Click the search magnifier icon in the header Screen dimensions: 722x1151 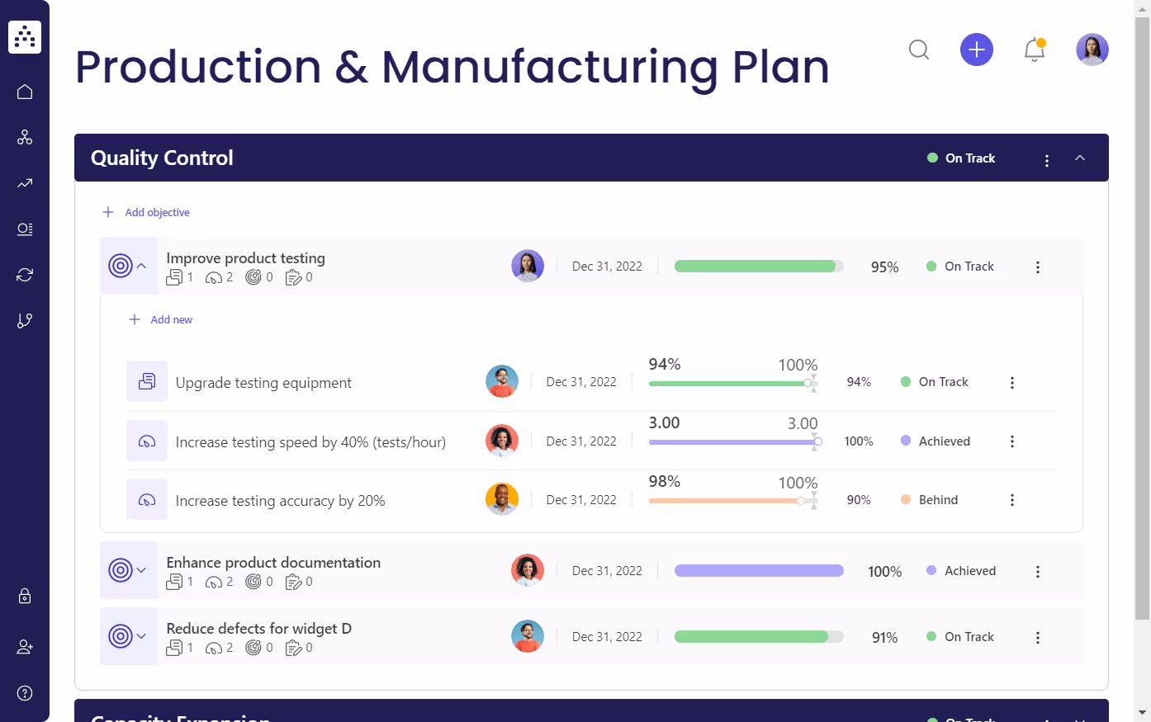919,50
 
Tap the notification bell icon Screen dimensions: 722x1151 1035,50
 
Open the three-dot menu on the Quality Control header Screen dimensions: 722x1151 1047,160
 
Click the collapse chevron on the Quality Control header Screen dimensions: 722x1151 1080,158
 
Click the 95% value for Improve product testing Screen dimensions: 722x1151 884,267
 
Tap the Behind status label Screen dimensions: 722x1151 938,500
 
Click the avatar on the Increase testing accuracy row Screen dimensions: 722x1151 502,499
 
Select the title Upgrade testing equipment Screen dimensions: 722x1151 263,383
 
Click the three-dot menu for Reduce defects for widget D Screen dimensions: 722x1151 1038,637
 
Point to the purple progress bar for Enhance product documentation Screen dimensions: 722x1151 759,571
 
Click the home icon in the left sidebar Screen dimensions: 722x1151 25,92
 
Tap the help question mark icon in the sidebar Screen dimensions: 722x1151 25,693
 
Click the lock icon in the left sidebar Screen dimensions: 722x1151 25,596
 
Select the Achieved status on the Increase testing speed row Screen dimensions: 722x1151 944,441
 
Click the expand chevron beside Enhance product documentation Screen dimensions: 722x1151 141,570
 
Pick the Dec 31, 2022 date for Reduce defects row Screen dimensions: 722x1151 607,637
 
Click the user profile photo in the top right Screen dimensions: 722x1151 1092,50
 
